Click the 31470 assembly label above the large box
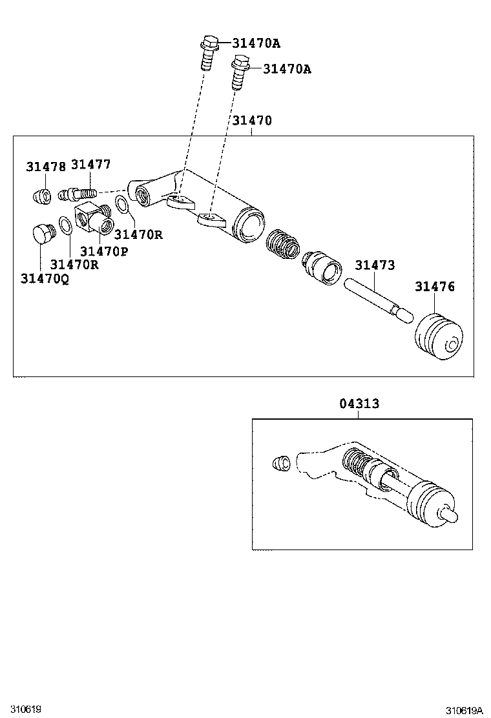point(252,121)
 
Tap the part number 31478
point(45,167)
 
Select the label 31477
point(90,165)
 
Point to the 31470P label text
point(103,251)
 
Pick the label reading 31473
point(374,265)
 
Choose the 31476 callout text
point(434,287)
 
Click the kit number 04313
point(359,404)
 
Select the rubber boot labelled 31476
point(437,337)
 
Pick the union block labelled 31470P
point(94,219)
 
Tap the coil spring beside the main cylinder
point(283,243)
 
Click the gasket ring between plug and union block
point(65,225)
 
